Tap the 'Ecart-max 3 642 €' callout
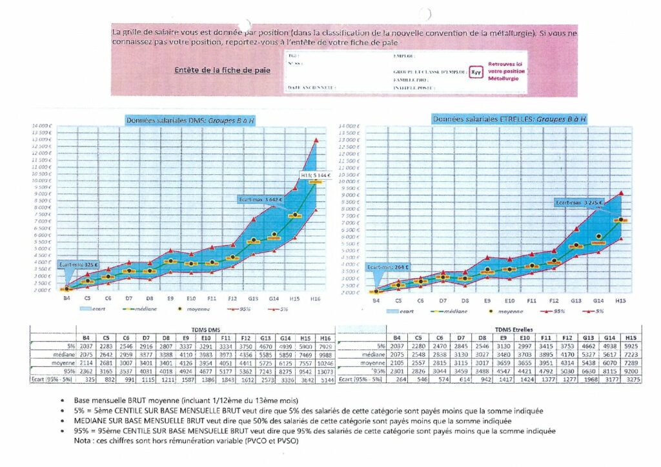coord(260,199)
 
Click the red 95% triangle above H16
coord(316,140)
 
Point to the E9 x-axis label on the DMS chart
coord(170,299)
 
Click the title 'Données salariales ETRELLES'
coord(509,119)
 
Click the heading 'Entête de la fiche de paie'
coord(222,70)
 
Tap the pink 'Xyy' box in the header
coord(475,71)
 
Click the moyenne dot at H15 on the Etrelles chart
coord(620,220)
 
